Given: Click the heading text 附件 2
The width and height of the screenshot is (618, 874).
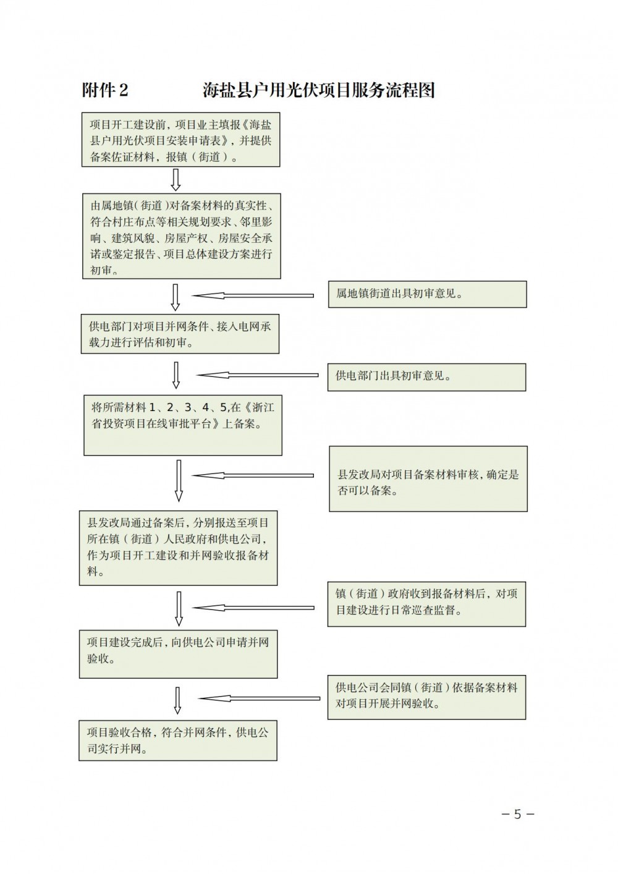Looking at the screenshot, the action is pos(105,90).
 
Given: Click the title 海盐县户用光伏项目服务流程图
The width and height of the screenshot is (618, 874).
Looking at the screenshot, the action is pos(318,90).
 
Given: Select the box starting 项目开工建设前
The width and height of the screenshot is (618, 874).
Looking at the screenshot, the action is pos(180,140).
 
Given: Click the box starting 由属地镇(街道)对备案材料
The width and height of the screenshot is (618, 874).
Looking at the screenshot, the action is pos(182,236).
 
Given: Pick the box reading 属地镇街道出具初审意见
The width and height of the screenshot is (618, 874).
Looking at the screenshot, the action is pos(427,294).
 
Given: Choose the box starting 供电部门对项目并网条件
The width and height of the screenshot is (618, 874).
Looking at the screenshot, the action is pos(180,334).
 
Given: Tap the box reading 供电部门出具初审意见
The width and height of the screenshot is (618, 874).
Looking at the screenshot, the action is pos(426,377).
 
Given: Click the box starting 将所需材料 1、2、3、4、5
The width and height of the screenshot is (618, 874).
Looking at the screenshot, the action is pos(182,425).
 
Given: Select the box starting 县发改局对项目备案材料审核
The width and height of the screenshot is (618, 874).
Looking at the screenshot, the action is pos(428,479).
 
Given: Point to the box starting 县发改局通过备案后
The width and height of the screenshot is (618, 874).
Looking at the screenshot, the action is pos(179,548).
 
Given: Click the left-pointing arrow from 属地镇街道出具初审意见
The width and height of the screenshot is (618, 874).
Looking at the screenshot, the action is pos(253,295).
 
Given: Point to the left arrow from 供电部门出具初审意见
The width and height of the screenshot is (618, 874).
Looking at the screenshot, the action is pos(257,375).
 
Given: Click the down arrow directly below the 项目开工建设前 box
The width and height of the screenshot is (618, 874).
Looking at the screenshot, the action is pos(176,180).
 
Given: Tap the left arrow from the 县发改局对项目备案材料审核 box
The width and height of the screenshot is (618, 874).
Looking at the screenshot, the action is pos(253,475).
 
